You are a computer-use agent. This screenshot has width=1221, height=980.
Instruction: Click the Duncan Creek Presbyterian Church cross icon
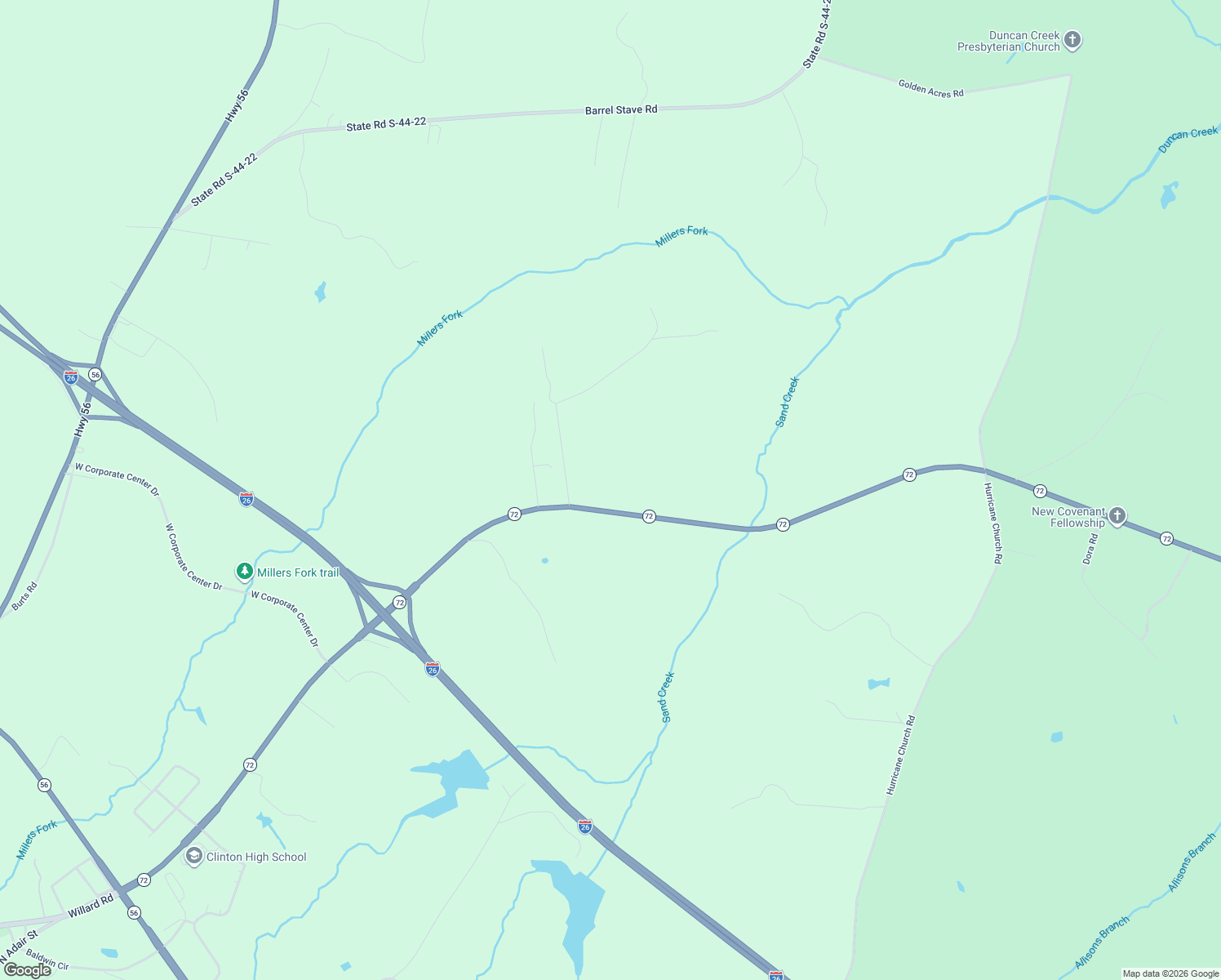click(x=1072, y=40)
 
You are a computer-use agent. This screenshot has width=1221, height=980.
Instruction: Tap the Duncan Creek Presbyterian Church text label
click(x=1009, y=42)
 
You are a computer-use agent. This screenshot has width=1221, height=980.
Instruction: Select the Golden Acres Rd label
click(x=930, y=88)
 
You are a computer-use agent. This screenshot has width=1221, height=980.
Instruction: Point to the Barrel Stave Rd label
click(x=621, y=109)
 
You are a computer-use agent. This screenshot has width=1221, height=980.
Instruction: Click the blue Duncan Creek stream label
click(x=1188, y=139)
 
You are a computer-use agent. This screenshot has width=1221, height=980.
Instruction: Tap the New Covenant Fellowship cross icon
click(x=1117, y=515)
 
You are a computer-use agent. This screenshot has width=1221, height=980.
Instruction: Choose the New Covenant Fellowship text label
click(x=1068, y=517)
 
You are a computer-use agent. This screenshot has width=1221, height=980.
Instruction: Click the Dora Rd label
click(x=1090, y=549)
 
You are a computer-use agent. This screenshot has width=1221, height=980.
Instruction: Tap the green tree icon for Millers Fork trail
click(x=244, y=571)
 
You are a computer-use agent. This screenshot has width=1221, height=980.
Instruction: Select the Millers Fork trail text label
click(x=298, y=572)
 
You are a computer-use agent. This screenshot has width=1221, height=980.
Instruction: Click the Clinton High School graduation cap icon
click(x=193, y=856)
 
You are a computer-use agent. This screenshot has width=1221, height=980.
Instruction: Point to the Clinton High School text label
click(x=256, y=857)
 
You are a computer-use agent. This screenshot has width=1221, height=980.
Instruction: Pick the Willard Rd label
click(x=91, y=905)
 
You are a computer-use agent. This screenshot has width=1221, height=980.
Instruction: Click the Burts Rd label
click(x=25, y=597)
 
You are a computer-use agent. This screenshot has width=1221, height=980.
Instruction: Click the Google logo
click(x=28, y=970)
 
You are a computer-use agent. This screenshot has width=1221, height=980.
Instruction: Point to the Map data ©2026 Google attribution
click(x=1170, y=973)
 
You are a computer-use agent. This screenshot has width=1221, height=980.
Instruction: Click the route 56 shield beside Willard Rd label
click(x=134, y=912)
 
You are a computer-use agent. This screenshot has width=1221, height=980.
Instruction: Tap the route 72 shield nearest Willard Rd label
click(x=144, y=880)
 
